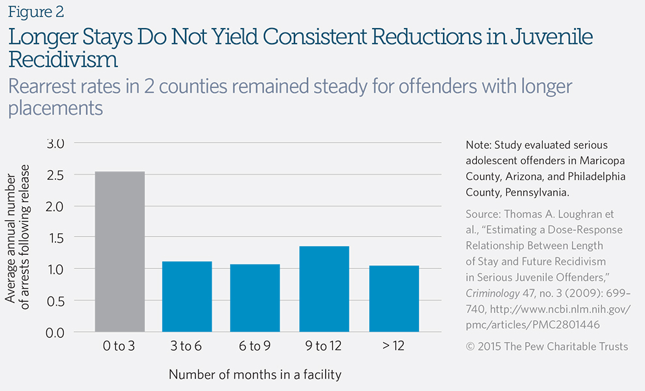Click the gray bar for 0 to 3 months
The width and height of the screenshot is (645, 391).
[120, 252]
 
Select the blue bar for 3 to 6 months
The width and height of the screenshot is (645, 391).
[187, 297]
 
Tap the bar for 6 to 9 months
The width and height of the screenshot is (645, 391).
[255, 298]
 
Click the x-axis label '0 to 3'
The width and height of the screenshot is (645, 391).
[120, 346]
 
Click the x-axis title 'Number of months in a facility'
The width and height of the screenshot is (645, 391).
[255, 375]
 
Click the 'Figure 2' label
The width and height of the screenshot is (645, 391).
[36, 12]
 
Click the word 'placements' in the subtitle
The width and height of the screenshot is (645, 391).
[55, 108]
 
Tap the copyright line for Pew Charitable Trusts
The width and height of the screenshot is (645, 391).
[547, 346]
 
